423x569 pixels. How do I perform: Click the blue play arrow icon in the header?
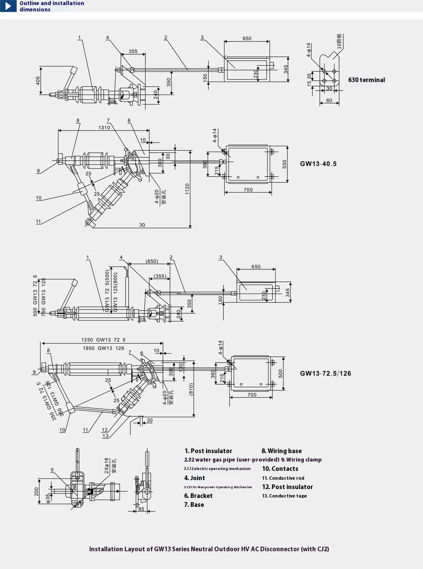[x=8, y=6]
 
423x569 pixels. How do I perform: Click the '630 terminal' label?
[x=366, y=80]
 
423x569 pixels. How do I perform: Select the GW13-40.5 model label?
[x=318, y=164]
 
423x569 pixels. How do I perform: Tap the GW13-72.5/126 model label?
[x=325, y=373]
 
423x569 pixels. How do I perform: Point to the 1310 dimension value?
[x=104, y=127]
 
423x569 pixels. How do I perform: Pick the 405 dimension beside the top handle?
[x=38, y=80]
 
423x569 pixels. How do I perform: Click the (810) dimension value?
[x=191, y=389]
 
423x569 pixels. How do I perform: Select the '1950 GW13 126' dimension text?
[x=103, y=348]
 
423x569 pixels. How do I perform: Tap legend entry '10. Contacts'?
[x=280, y=469]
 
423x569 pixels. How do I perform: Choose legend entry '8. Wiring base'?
[x=281, y=451]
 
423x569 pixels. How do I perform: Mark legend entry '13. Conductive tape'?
[x=284, y=496]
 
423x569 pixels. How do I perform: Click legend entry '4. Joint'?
[x=195, y=478]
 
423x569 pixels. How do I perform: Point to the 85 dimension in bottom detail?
[x=141, y=509]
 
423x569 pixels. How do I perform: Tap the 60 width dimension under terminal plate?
[x=329, y=100]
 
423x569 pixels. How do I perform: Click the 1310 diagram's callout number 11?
[x=38, y=221]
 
